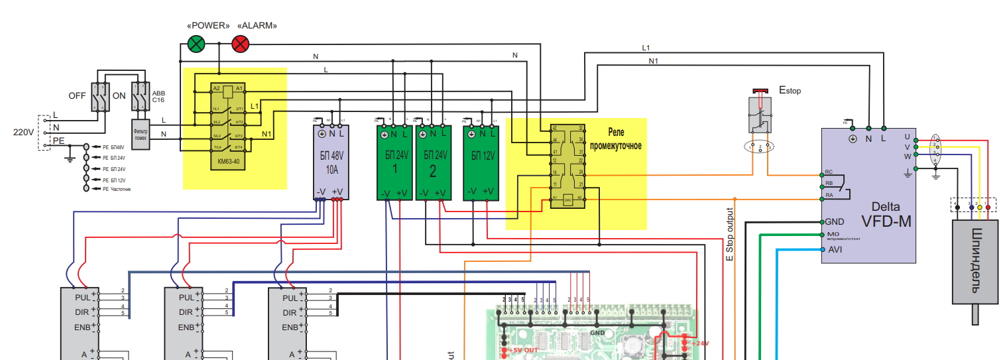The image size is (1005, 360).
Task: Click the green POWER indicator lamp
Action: (196, 44)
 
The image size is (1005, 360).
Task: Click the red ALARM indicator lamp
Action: (240, 44)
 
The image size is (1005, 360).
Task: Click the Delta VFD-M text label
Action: (886, 214)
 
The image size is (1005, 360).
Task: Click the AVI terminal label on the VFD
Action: (835, 250)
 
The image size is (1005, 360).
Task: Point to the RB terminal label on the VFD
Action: (829, 183)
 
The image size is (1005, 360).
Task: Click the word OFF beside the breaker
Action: (78, 96)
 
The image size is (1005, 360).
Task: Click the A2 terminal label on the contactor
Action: (215, 88)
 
